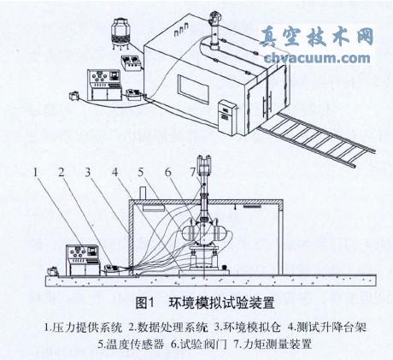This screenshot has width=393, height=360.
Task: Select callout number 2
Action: pyautogui.click(x=62, y=171)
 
